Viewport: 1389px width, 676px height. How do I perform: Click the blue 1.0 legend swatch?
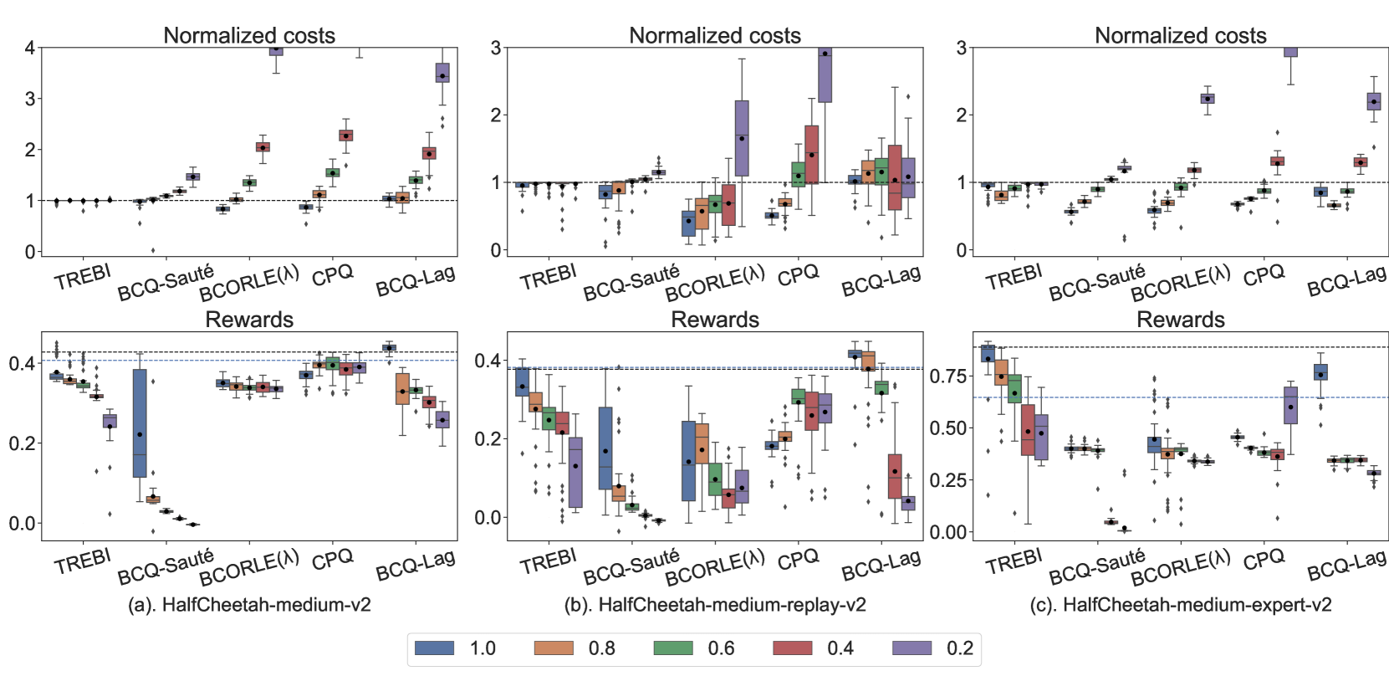[435, 648]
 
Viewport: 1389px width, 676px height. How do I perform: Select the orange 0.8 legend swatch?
[554, 648]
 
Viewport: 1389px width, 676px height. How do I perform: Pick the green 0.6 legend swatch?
[673, 648]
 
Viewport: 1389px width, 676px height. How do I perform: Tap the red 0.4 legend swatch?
[792, 648]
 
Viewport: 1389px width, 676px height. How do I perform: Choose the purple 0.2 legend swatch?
[912, 648]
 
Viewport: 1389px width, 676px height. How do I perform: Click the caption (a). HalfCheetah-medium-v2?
[249, 605]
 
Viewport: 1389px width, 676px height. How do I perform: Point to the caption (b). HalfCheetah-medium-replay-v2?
[715, 605]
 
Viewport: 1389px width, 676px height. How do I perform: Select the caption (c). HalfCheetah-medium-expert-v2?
[1181, 605]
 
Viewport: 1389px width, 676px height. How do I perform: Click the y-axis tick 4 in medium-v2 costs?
[30, 48]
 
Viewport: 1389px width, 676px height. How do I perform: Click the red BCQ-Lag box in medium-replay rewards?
[895, 476]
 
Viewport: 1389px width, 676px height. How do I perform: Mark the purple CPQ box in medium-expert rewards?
[1290, 405]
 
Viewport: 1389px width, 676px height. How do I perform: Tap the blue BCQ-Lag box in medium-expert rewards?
[1320, 372]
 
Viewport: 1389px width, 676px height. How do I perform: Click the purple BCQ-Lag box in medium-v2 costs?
[442, 72]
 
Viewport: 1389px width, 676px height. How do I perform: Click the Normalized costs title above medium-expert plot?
[1181, 35]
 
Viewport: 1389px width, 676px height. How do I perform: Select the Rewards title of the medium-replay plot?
[715, 320]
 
